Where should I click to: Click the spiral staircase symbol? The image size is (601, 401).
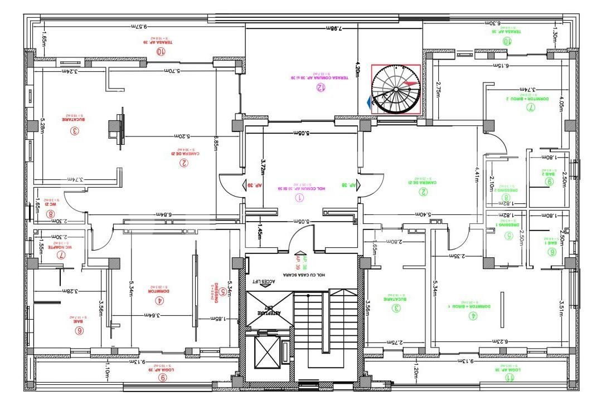pyautogui.click(x=395, y=89)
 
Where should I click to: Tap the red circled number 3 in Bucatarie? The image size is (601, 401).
pyautogui.click(x=74, y=131)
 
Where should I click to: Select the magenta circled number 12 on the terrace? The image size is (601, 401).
pyautogui.click(x=320, y=87)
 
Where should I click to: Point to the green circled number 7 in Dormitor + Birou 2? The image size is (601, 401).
pyautogui.click(x=530, y=108)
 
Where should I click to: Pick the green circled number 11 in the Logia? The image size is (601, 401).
pyautogui.click(x=508, y=377)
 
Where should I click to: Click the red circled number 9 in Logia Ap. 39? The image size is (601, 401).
pyautogui.click(x=162, y=377)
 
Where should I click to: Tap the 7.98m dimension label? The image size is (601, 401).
pyautogui.click(x=333, y=28)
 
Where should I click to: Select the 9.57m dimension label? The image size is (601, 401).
pyautogui.click(x=139, y=26)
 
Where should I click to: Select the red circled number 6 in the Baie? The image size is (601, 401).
pyautogui.click(x=79, y=330)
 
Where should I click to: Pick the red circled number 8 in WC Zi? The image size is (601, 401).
pyautogui.click(x=51, y=213)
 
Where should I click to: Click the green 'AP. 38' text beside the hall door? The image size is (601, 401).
pyautogui.click(x=348, y=185)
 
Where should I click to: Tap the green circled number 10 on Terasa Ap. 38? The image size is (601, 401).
pyautogui.click(x=507, y=41)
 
